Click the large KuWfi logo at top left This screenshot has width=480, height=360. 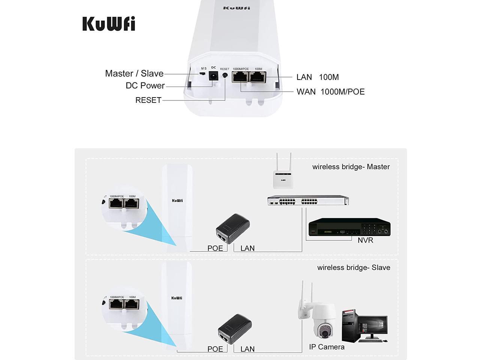(109, 24)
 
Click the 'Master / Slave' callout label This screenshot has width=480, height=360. (134, 73)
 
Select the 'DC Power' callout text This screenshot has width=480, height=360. (145, 85)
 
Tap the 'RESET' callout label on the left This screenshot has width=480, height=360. (148, 100)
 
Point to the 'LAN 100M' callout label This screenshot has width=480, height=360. (317, 77)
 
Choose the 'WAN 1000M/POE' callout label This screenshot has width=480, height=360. (330, 92)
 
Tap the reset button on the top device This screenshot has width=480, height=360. (225, 75)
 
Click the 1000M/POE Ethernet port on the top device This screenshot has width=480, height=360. (240, 78)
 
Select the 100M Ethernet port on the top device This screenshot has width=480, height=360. (258, 78)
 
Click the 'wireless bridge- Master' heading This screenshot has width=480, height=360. (351, 167)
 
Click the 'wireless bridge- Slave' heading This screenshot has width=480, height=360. (354, 267)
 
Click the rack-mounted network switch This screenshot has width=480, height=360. (308, 201)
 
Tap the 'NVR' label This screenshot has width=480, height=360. (365, 240)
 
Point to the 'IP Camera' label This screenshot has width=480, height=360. (327, 347)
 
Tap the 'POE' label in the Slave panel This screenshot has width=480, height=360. (215, 349)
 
